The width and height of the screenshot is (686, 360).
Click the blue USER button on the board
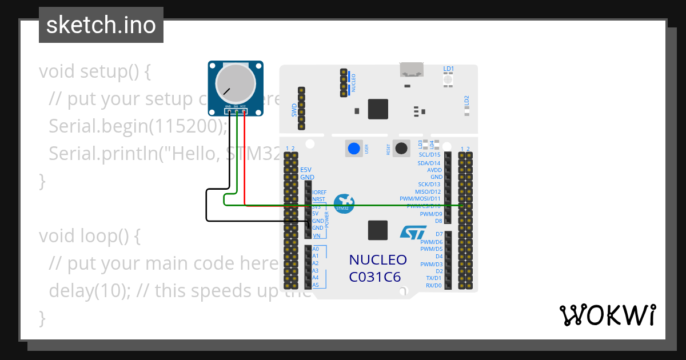354,149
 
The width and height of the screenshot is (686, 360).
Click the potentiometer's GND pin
228,112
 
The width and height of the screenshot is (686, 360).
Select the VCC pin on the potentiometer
244,112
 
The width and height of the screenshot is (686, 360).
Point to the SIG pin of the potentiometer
236,112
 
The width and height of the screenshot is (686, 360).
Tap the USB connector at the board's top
412,70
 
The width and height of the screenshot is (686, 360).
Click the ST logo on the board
413,232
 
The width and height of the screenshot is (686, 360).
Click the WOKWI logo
607,315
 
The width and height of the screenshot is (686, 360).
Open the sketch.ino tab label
101,25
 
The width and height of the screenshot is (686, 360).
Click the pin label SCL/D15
429,155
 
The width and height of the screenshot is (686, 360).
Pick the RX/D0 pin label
433,285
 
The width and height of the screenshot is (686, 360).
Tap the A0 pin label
316,249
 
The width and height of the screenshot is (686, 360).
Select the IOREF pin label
319,192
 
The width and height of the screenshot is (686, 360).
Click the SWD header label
294,109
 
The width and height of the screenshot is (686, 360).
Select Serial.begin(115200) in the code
138,126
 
